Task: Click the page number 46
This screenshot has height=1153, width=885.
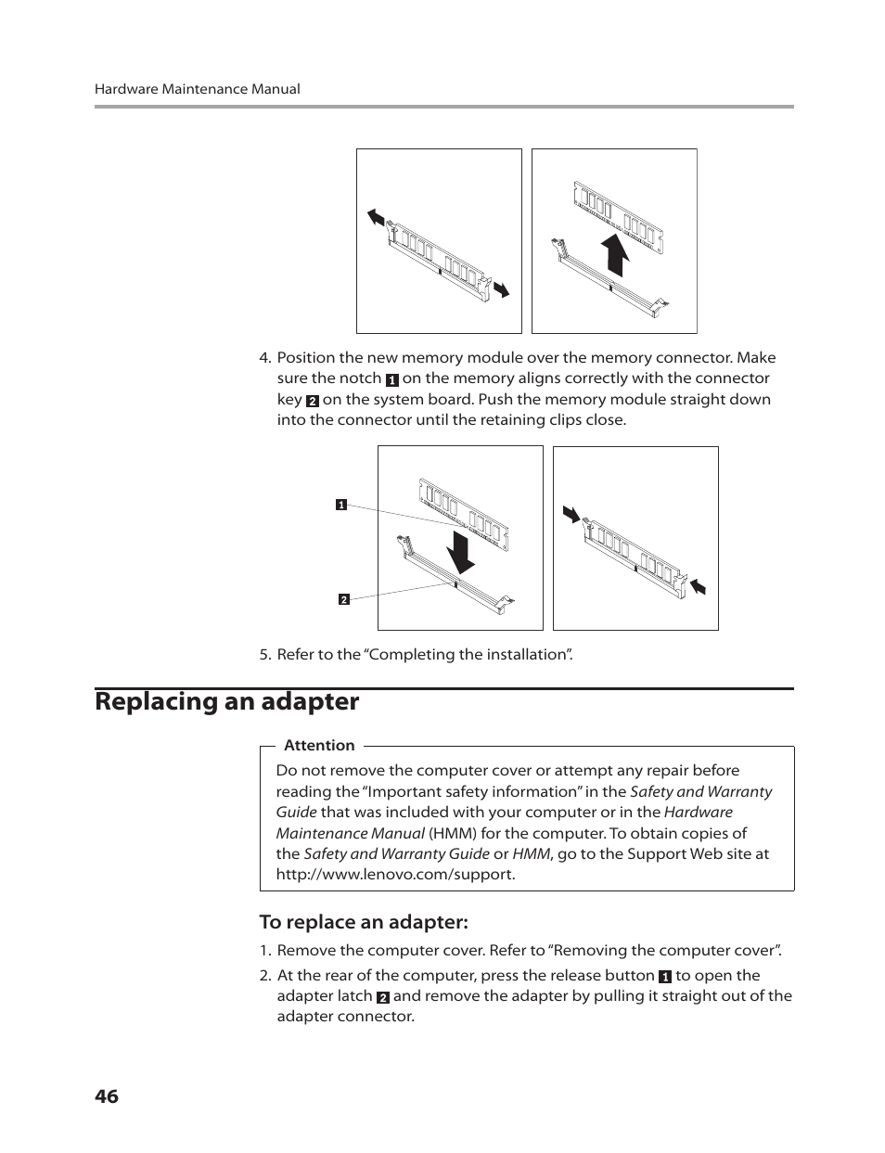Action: point(107,1096)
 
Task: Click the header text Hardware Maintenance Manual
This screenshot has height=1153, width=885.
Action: point(197,89)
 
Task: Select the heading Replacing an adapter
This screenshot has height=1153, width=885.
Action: point(226,701)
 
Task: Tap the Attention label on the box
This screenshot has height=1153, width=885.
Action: point(319,745)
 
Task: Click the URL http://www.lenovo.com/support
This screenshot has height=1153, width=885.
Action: point(394,875)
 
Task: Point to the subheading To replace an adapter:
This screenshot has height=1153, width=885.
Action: point(364,922)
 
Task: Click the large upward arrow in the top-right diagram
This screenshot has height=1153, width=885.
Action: point(614,253)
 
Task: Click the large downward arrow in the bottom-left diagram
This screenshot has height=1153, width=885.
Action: point(460,550)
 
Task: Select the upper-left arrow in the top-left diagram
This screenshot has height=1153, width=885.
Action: point(376,217)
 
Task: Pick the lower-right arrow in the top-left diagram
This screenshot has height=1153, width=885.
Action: point(501,289)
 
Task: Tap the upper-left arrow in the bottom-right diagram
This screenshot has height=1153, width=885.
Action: point(571,514)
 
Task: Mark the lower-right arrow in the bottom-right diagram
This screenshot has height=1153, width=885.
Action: point(697,585)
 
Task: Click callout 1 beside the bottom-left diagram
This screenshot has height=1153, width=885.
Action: point(340,506)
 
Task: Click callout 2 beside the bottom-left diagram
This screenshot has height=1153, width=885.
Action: point(343,599)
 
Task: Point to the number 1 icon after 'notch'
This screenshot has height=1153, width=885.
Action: point(391,379)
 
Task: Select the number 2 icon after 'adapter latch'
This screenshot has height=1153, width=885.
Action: point(382,997)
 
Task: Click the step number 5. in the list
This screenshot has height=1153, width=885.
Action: point(264,655)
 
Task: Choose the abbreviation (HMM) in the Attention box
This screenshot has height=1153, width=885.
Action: point(452,833)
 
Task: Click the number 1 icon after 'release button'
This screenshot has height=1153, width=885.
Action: point(664,977)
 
